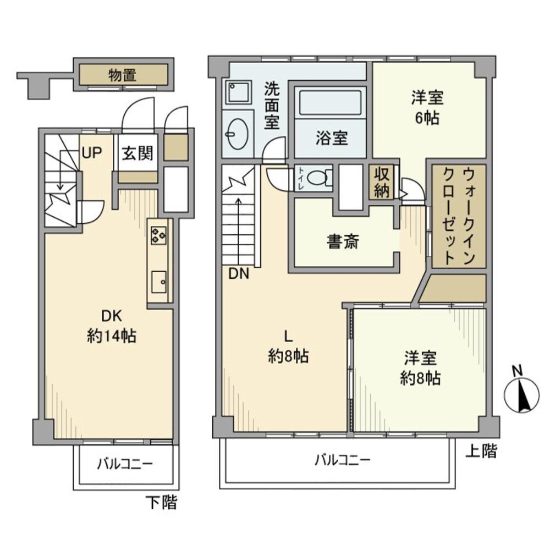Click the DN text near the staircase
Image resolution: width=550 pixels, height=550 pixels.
coord(239,273)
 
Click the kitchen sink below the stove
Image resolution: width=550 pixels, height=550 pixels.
coord(159,283)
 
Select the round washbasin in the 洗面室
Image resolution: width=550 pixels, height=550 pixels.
coord(238,133)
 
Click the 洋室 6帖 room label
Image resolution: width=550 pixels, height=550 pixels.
coord(427,108)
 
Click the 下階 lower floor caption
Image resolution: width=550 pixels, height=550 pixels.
coord(161,502)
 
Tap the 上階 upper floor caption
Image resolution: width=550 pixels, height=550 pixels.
coord(481,452)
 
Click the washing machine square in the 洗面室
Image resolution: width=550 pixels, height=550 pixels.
coord(238,92)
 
